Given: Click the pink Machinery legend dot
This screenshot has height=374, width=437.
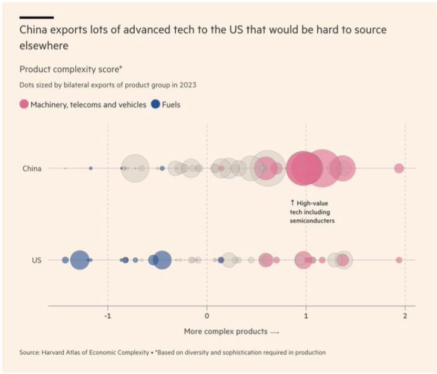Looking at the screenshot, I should (x=25, y=104).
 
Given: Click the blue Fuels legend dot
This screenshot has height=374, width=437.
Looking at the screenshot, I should (x=155, y=104).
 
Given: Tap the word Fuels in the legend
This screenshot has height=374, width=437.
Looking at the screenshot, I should (x=171, y=104).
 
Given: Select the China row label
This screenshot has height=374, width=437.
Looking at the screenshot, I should (x=32, y=169).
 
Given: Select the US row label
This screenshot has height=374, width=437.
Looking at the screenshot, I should (x=36, y=260).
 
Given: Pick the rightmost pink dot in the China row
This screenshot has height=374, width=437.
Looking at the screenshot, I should (x=398, y=168).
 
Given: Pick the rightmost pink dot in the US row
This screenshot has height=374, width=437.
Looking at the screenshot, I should (x=399, y=260).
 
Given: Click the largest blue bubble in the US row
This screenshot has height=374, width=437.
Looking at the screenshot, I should (x=79, y=260).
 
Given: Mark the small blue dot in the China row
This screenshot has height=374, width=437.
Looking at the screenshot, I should (x=91, y=169).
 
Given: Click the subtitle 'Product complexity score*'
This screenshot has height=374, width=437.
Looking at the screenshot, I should (x=63, y=69).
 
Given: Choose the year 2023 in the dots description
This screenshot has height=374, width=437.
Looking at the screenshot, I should (x=187, y=85).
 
